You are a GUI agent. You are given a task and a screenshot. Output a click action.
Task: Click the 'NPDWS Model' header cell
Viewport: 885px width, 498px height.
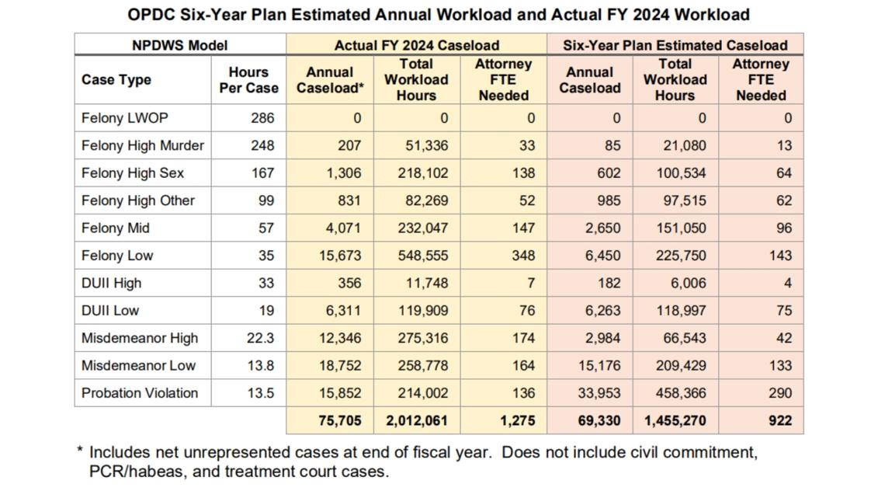pyautogui.click(x=180, y=45)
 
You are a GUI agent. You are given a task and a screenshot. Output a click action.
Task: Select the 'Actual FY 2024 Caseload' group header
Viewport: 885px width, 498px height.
pyautogui.click(x=417, y=45)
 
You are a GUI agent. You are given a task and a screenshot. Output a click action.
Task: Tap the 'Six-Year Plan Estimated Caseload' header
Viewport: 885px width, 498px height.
pyautogui.click(x=675, y=45)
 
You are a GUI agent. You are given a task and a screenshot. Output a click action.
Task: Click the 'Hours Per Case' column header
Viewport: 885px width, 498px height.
pyautogui.click(x=249, y=79)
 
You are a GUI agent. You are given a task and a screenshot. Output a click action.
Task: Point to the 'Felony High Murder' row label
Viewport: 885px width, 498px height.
pyautogui.click(x=143, y=146)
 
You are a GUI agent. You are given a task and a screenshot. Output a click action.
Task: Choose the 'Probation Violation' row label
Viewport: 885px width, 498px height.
pyautogui.click(x=140, y=393)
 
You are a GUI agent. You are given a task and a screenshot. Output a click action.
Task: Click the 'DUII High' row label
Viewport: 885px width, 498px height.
pyautogui.click(x=111, y=283)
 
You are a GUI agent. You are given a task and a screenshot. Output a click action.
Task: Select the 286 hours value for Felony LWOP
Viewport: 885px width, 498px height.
pyautogui.click(x=262, y=118)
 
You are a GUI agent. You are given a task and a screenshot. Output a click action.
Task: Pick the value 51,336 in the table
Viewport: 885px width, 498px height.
pyautogui.click(x=427, y=146)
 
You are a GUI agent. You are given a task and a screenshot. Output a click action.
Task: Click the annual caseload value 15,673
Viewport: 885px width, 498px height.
pyautogui.click(x=340, y=255)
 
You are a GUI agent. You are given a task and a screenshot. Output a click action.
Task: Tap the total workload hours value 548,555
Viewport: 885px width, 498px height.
pyautogui.click(x=423, y=255)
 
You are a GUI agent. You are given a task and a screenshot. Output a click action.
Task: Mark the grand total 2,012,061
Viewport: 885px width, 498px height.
pyautogui.click(x=417, y=420)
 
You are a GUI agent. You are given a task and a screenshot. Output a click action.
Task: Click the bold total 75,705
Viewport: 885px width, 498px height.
pyautogui.click(x=340, y=420)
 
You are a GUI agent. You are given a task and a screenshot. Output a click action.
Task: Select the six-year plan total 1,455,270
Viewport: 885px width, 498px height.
pyautogui.click(x=675, y=420)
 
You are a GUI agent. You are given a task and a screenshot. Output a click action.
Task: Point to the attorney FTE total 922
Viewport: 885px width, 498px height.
pyautogui.click(x=780, y=420)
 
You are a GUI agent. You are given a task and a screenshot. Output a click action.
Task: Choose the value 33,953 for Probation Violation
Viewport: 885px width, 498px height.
pyautogui.click(x=599, y=393)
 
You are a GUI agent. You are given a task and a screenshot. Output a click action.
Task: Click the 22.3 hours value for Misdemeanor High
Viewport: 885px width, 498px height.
pyautogui.click(x=260, y=338)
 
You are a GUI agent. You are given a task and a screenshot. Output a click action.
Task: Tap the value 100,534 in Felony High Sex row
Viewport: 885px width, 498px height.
pyautogui.click(x=681, y=172)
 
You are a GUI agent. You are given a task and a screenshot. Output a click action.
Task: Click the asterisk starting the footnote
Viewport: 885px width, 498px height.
pyautogui.click(x=80, y=451)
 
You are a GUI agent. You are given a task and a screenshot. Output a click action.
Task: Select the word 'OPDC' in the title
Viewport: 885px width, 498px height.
pyautogui.click(x=151, y=14)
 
